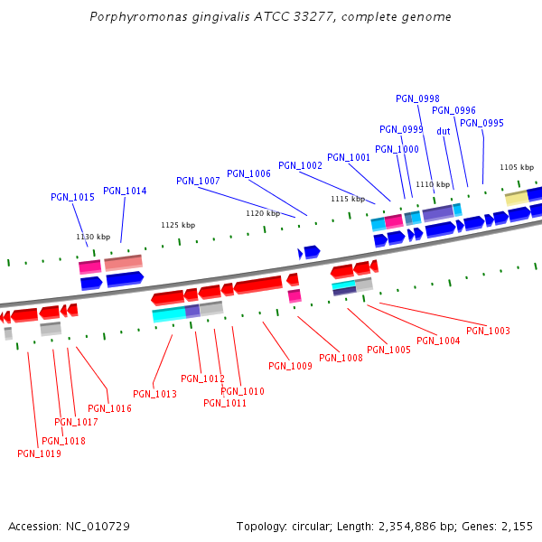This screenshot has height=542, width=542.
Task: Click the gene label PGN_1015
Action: click(x=72, y=197)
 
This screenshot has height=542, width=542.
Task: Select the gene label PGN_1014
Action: click(x=125, y=191)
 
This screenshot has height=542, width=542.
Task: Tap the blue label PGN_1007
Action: click(x=198, y=181)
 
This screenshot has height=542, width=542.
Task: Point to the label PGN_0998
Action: click(x=417, y=98)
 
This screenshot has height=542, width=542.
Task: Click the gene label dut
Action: click(x=444, y=131)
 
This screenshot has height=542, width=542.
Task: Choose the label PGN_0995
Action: click(x=481, y=123)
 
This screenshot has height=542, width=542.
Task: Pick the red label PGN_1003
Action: click(x=488, y=331)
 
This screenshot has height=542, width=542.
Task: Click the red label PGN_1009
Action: click(x=290, y=366)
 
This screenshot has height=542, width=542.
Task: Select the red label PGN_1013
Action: click(x=154, y=394)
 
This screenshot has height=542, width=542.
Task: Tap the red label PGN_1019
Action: click(x=39, y=453)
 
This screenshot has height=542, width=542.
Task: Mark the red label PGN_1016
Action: click(x=109, y=408)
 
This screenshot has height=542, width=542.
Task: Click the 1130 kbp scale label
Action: click(x=91, y=237)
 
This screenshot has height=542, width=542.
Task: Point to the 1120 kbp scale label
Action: click(x=262, y=213)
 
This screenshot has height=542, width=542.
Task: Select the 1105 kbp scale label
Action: click(x=517, y=167)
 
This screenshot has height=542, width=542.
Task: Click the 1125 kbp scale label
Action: click(x=178, y=225)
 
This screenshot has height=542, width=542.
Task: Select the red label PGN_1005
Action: click(x=388, y=350)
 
